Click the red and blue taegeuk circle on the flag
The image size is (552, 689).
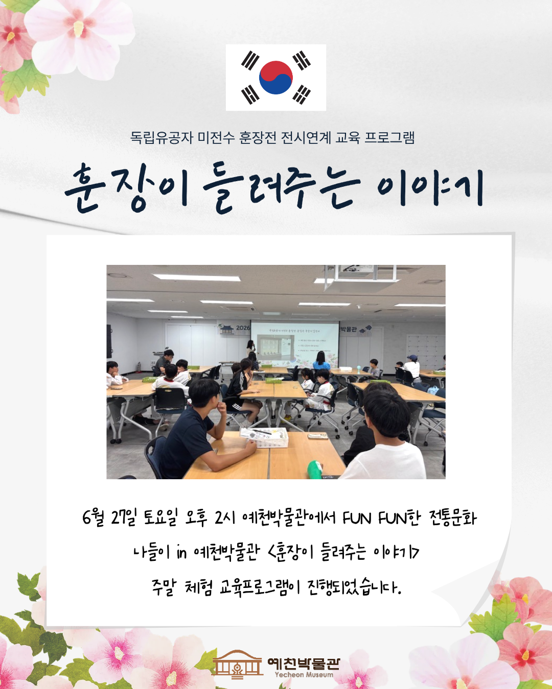[x=276, y=78]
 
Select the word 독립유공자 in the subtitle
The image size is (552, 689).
[x=162, y=138]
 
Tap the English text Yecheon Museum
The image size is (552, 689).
[x=304, y=675]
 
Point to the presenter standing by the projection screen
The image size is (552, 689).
[x=250, y=351]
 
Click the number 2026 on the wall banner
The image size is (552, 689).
[x=243, y=328]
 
